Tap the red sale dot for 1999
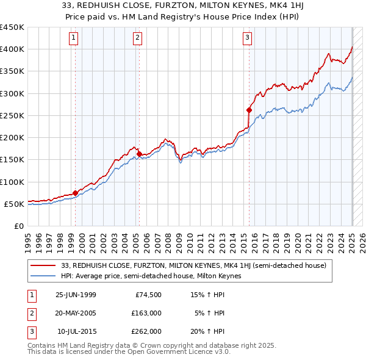(76, 193)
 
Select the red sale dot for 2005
(140, 154)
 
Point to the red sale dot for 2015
(249, 110)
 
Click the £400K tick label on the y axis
(12, 49)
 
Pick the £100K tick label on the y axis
(12, 182)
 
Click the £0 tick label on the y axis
(18, 226)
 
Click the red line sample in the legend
(43, 265)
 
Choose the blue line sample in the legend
(43, 276)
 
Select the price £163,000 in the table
(146, 313)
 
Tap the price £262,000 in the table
(146, 331)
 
